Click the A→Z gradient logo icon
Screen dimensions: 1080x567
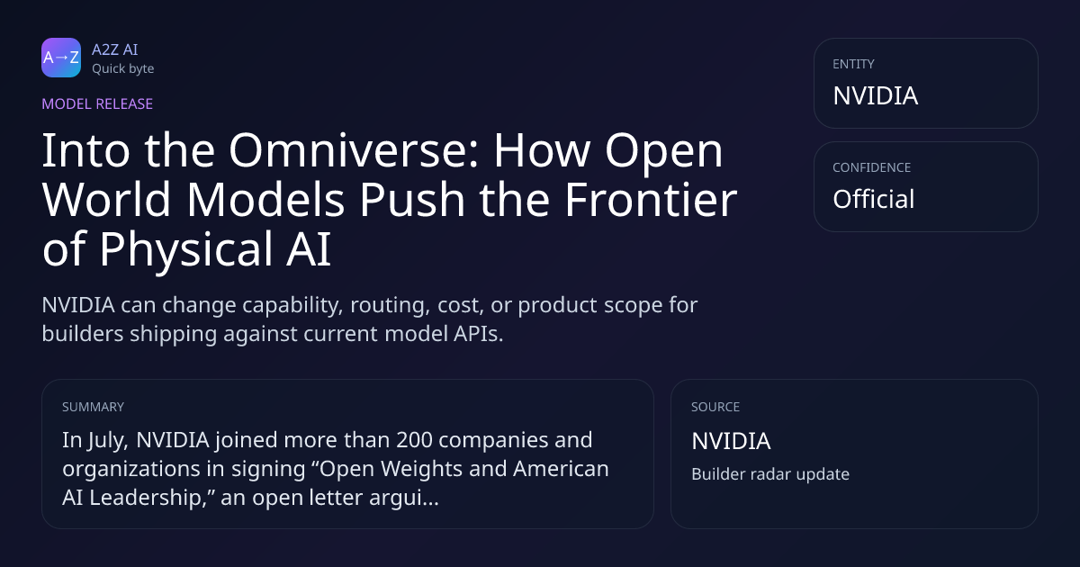pyautogui.click(x=61, y=58)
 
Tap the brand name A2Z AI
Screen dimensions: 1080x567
pyautogui.click(x=115, y=49)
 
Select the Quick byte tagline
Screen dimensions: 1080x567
pyautogui.click(x=123, y=69)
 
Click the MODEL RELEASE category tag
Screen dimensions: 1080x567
pyautogui.click(x=97, y=103)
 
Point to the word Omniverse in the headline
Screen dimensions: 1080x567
pyautogui.click(x=354, y=150)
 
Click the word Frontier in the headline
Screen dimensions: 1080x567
pyautogui.click(x=651, y=200)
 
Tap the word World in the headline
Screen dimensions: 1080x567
pyautogui.click(x=106, y=200)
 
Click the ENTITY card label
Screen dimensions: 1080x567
pyautogui.click(x=853, y=64)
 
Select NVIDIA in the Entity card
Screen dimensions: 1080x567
pyautogui.click(x=875, y=95)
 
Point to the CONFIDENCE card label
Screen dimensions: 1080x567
pyautogui.click(x=871, y=167)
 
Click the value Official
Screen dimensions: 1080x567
pyautogui.click(x=873, y=199)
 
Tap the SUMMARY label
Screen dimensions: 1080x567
pyautogui.click(x=93, y=407)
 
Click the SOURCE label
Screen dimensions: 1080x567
pyautogui.click(x=715, y=407)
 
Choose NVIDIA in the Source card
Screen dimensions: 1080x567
pyautogui.click(x=731, y=441)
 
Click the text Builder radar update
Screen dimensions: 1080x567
pyautogui.click(x=770, y=474)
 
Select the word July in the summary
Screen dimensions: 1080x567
pyautogui.click(x=107, y=441)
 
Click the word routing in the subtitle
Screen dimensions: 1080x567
pyautogui.click(x=390, y=306)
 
